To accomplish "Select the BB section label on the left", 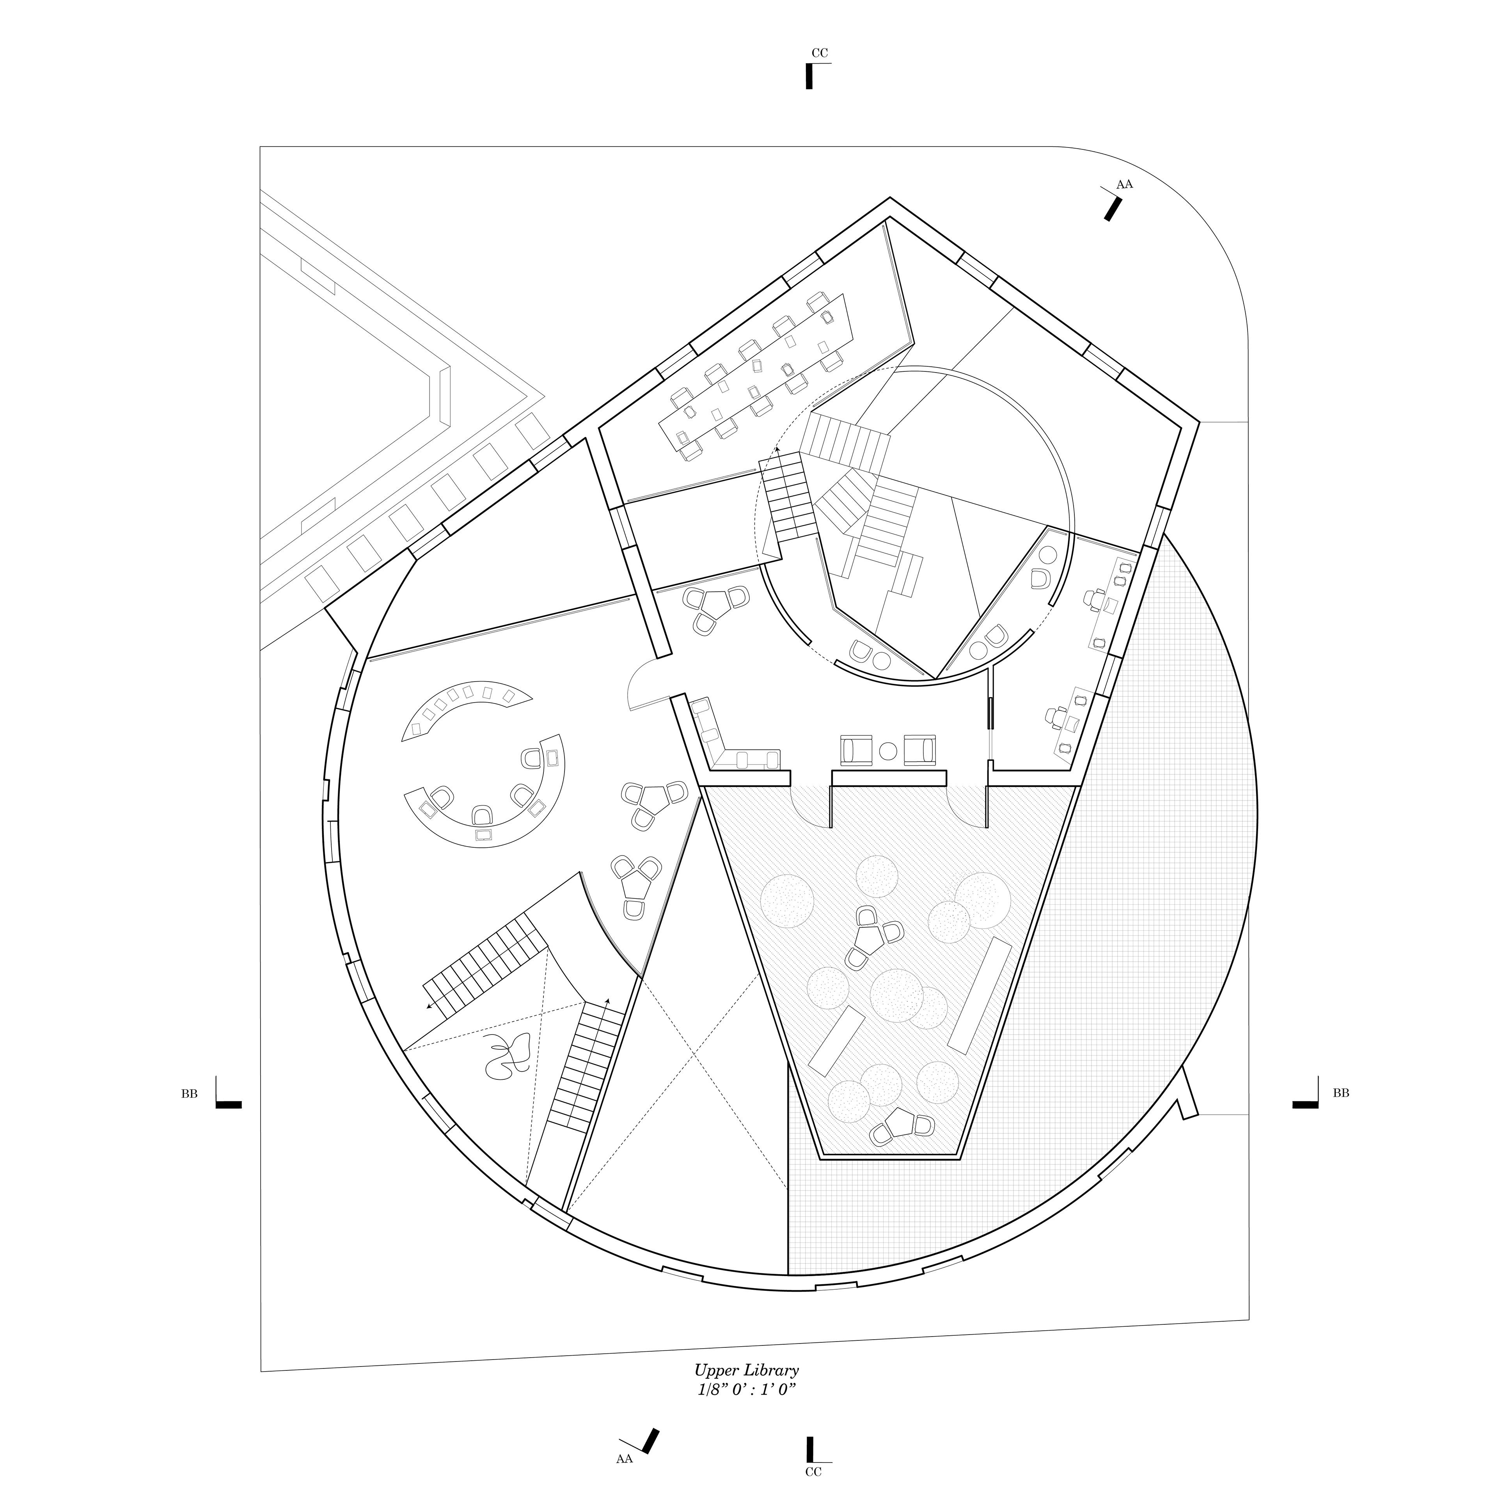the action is click(x=189, y=1093).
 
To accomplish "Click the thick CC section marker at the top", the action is click(x=809, y=76).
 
